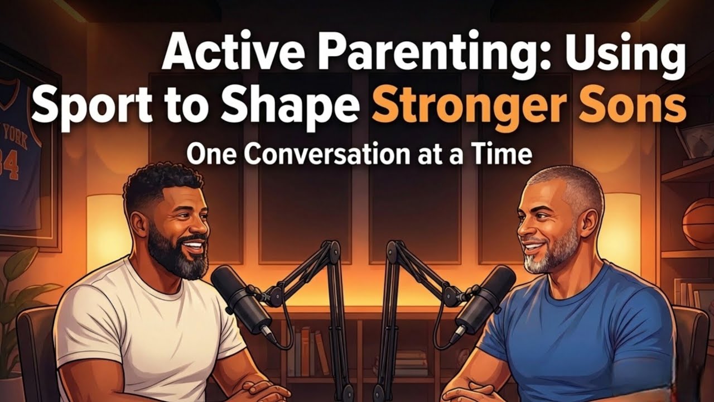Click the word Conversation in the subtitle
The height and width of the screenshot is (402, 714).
[x=330, y=155]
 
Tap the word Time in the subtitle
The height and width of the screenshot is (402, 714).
[x=501, y=155]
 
